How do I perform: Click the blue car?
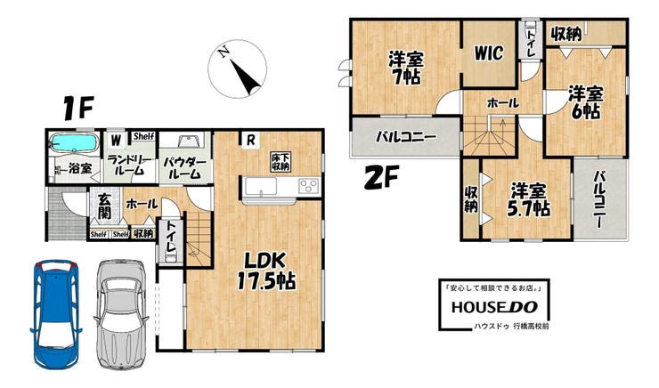pyautogui.click(x=55, y=314)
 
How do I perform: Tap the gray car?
pyautogui.click(x=121, y=314)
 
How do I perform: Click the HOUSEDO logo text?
pyautogui.click(x=494, y=307)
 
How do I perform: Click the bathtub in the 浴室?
pyautogui.click(x=74, y=142)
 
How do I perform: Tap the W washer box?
pyautogui.click(x=116, y=140)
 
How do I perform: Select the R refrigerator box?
pyautogui.click(x=250, y=140)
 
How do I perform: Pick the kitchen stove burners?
pyautogui.click(x=308, y=186)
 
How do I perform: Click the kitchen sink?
pyautogui.click(x=261, y=186)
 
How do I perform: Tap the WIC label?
pyautogui.click(x=488, y=53)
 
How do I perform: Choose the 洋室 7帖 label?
pyautogui.click(x=404, y=68)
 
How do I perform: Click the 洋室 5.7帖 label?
pyautogui.click(x=528, y=200)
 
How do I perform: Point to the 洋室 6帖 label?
pyautogui.click(x=585, y=102)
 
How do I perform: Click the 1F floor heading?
pyautogui.click(x=77, y=108)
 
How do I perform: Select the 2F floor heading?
pyautogui.click(x=381, y=177)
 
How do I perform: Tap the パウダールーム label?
pyautogui.click(x=185, y=168)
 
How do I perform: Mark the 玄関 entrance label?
pyautogui.click(x=104, y=206)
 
